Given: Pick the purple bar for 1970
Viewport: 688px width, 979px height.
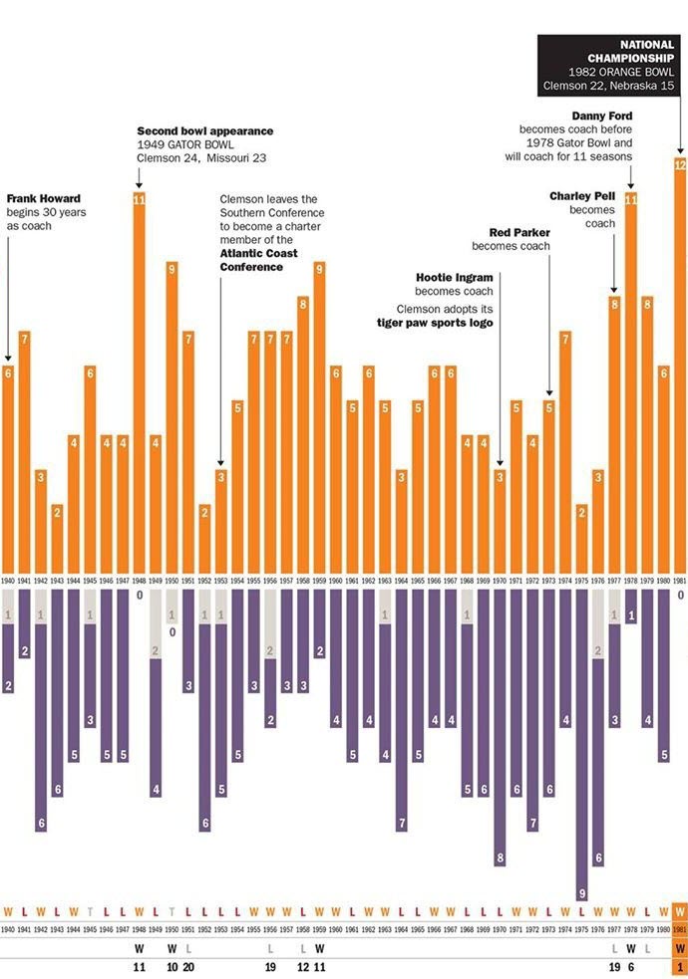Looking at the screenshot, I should coord(500,727).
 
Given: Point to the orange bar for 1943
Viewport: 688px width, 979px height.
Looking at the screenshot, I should coord(57,538).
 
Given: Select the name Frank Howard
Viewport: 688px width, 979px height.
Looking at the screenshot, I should coord(43,198).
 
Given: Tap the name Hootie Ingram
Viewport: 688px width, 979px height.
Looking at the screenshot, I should coord(455,277).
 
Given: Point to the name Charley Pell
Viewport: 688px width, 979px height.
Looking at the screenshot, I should coord(582,196).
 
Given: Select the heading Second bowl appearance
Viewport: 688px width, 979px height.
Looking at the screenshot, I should coord(204,131).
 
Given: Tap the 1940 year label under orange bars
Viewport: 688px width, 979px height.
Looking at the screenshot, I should coord(8,580).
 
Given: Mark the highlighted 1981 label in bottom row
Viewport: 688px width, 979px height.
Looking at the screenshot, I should coord(680,928).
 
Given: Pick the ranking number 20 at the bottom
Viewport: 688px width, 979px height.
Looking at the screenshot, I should coord(188,966).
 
